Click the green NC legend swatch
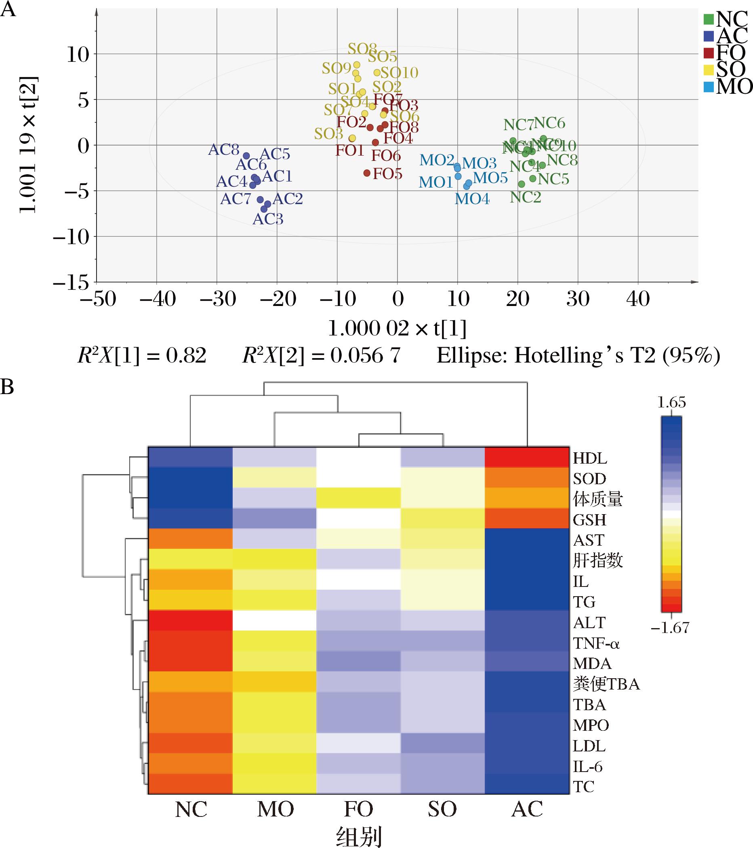(709, 19)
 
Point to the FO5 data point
(366, 173)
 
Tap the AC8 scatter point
(246, 156)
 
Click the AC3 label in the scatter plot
(268, 219)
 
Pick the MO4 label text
(472, 199)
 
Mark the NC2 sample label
(525, 198)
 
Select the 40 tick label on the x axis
(638, 299)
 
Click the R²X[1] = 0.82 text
(142, 356)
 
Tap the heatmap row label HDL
(590, 458)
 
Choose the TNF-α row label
(596, 643)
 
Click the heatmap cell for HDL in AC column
(527, 458)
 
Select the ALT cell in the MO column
(274, 621)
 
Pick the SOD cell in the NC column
(190, 478)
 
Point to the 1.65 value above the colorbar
(672, 403)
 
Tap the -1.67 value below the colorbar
(670, 628)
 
